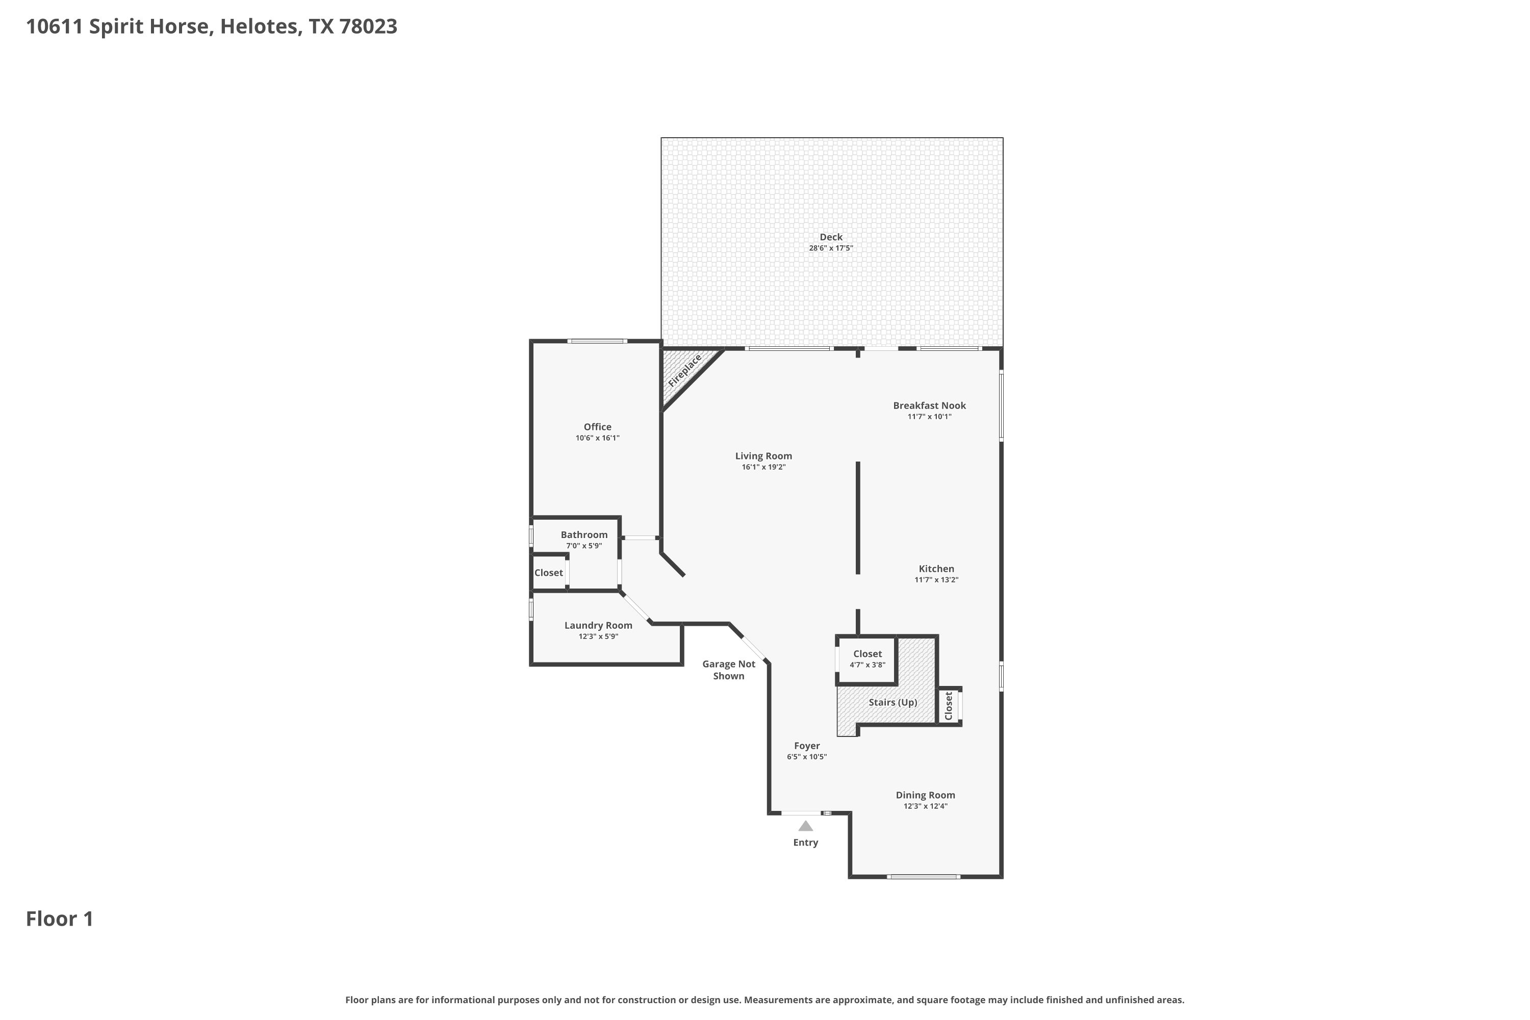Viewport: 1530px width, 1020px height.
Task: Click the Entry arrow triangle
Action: [805, 826]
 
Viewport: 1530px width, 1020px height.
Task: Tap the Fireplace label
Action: [685, 370]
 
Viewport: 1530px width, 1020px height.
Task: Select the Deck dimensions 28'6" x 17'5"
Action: [831, 248]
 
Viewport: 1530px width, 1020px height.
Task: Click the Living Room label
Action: [763, 456]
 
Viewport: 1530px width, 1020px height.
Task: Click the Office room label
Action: [597, 427]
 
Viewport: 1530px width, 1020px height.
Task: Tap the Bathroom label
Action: [584, 534]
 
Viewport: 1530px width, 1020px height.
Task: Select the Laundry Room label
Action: [598, 625]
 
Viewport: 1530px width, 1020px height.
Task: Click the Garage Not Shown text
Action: [729, 670]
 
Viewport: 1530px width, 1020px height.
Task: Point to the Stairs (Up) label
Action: [892, 703]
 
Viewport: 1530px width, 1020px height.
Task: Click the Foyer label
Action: [807, 746]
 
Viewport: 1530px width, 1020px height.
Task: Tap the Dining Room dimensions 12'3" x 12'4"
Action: [925, 806]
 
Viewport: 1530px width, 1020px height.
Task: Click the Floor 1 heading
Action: [60, 919]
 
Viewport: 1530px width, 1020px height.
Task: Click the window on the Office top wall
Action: [597, 341]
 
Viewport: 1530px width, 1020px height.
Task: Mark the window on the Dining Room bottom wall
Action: [924, 877]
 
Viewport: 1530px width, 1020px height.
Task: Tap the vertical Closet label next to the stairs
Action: [949, 706]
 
